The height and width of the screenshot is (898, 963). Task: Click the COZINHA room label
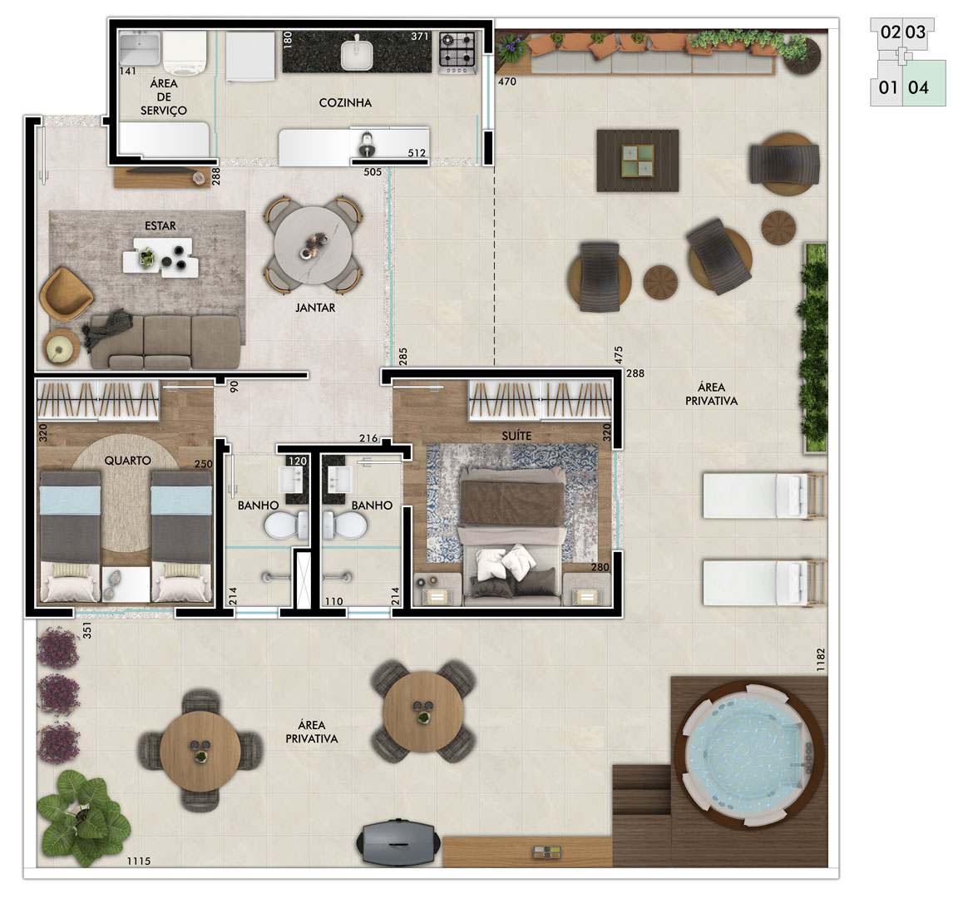click(345, 102)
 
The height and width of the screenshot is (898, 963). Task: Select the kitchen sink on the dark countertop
click(357, 54)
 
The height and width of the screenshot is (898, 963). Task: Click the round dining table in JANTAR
click(314, 245)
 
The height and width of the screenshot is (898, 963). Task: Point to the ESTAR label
click(160, 226)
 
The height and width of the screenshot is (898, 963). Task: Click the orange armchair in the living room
click(65, 294)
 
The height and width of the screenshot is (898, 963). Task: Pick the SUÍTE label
click(516, 436)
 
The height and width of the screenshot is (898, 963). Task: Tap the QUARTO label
click(127, 460)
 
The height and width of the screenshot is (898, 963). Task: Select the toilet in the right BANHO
click(344, 526)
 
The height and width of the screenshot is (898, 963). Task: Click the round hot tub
click(749, 754)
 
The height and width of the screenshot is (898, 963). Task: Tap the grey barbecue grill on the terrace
click(398, 841)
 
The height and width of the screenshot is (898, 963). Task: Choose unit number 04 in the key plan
click(918, 87)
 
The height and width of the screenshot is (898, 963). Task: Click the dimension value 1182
click(821, 659)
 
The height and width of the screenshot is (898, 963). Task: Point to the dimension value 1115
click(139, 861)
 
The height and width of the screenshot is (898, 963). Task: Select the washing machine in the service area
click(185, 53)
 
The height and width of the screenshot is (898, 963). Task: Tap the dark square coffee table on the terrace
click(638, 160)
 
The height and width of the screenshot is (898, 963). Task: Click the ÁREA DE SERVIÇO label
click(163, 97)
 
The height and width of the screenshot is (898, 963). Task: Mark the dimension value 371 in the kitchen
click(419, 37)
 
